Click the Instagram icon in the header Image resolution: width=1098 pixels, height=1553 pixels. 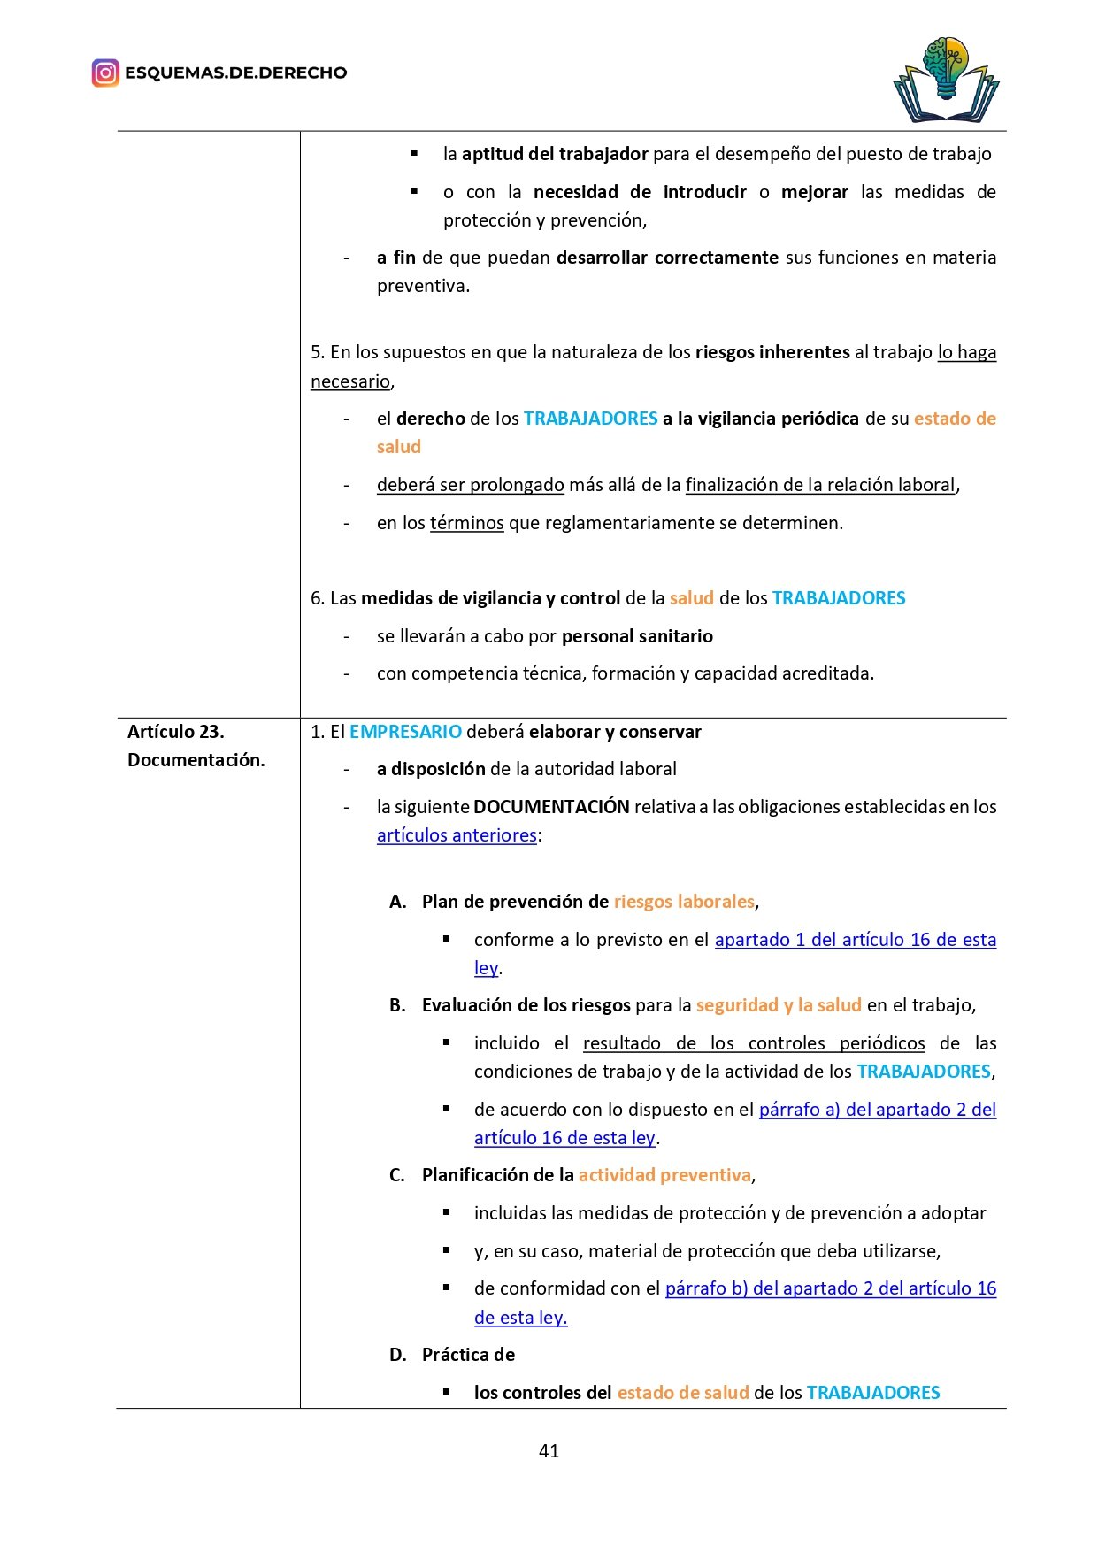pos(105,73)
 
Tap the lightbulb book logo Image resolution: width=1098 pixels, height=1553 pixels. pos(946,81)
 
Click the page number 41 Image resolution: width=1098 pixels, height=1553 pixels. pos(549,1450)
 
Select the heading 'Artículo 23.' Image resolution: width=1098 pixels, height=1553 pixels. pos(176,732)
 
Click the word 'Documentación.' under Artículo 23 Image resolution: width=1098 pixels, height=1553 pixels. pos(196,760)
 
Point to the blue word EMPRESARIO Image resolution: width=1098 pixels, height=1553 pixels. pos(405,732)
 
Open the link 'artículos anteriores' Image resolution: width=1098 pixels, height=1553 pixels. pos(457,835)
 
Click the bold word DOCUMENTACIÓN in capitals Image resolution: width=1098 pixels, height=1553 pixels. pos(551,807)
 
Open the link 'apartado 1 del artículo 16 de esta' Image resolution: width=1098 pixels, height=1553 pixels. pos(855,940)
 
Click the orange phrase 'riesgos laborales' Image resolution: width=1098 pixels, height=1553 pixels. pos(684,902)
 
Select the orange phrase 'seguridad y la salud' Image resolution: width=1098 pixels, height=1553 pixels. pos(779,1005)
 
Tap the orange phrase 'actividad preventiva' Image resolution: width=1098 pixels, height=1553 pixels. pos(664,1175)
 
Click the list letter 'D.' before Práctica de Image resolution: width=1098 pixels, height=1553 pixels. pos(398,1355)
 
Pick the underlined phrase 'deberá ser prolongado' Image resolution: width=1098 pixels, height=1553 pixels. pos(470,485)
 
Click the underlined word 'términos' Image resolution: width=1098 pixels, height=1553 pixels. pos(466,523)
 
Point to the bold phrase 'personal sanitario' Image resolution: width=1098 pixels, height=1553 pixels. pos(637,636)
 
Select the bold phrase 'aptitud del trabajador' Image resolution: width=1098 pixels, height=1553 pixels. pos(555,154)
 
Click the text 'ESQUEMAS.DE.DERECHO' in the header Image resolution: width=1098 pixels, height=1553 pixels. pos(235,73)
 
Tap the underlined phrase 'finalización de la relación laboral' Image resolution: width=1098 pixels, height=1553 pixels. pos(820,485)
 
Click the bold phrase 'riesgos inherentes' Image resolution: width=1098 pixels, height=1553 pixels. pos(772,352)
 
